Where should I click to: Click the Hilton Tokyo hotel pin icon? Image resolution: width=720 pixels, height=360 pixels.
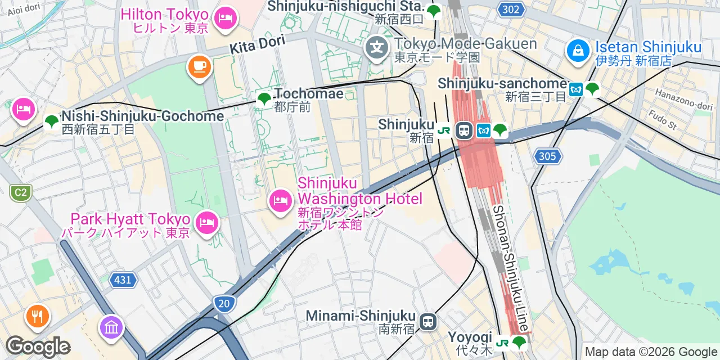pyautogui.click(x=226, y=18)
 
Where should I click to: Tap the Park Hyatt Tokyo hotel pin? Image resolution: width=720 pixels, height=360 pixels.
pyautogui.click(x=207, y=223)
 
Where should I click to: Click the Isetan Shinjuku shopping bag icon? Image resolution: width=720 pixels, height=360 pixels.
pyautogui.click(x=578, y=51)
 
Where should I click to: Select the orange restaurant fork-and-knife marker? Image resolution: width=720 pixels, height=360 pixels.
pyautogui.click(x=38, y=316)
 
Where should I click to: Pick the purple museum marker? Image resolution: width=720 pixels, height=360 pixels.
pyautogui.click(x=111, y=327)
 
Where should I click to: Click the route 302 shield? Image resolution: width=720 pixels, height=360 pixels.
pyautogui.click(x=511, y=9)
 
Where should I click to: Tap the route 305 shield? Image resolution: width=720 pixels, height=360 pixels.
pyautogui.click(x=547, y=156)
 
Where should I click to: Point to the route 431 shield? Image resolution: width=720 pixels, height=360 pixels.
pyautogui.click(x=123, y=280)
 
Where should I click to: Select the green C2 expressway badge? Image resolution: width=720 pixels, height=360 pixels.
pyautogui.click(x=20, y=193)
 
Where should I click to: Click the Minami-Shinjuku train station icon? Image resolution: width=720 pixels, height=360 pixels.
pyautogui.click(x=429, y=322)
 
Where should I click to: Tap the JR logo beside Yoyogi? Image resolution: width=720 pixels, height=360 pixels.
pyautogui.click(x=502, y=342)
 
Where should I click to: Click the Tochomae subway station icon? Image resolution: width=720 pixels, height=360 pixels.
pyautogui.click(x=264, y=100)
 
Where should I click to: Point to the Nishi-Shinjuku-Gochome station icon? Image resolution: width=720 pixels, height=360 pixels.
pyautogui.click(x=51, y=121)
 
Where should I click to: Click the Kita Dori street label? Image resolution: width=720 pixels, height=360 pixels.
pyautogui.click(x=257, y=44)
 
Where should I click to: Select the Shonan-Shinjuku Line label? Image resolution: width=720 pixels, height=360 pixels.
pyautogui.click(x=510, y=268)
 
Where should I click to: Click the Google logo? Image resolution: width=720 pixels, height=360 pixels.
pyautogui.click(x=38, y=346)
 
